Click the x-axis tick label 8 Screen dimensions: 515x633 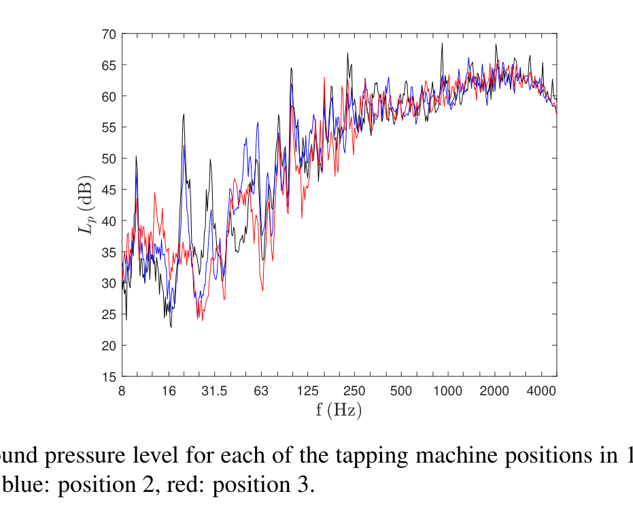coord(122,391)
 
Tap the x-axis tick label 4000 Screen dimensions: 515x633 coord(542,391)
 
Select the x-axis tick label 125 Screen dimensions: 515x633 coord(309,391)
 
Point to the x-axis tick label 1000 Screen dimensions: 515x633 coord(448,391)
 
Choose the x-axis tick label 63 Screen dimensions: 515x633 coord(262,391)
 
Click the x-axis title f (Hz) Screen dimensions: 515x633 coord(339,411)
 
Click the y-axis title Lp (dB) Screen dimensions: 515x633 coord(86,205)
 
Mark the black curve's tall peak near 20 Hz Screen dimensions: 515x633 coord(184,115)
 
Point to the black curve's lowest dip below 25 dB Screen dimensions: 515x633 coord(171,327)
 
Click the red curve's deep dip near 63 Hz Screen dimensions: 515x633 coord(262,290)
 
